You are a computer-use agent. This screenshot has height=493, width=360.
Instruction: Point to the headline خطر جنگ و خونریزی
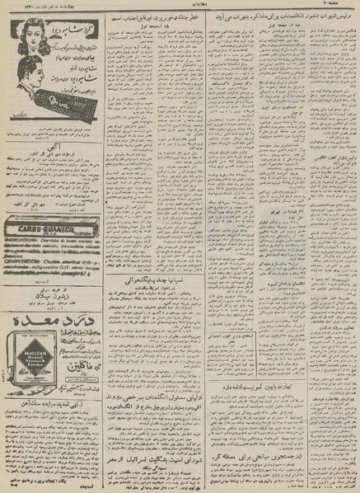point(153,19)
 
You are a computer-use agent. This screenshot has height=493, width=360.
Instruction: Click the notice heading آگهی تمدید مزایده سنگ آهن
point(54,445)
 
